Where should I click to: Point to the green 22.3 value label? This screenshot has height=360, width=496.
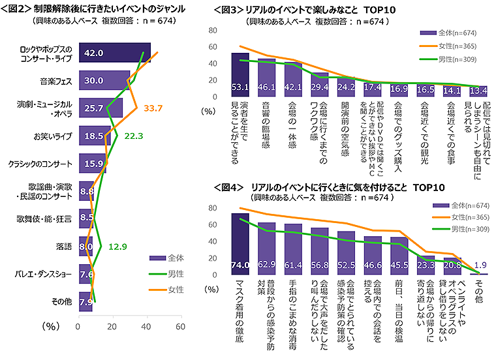click(x=132, y=136)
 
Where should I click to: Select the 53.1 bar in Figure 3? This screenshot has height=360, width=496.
click(x=240, y=75)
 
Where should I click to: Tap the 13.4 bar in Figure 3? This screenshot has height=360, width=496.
click(x=478, y=91)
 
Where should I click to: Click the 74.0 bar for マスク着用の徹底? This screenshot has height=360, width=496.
click(x=240, y=245)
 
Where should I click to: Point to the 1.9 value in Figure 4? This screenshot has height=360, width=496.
click(x=480, y=265)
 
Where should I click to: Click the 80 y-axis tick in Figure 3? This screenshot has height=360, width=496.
click(x=217, y=31)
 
